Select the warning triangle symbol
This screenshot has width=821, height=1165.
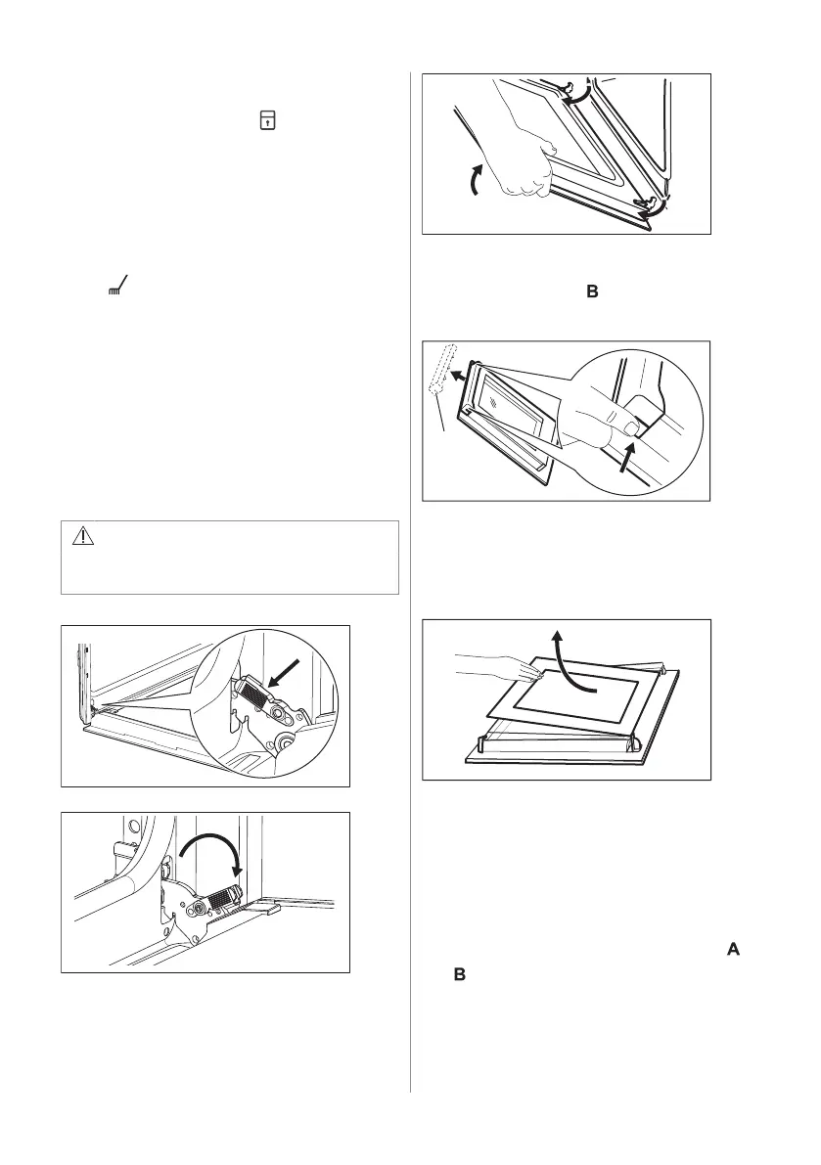coord(84,536)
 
